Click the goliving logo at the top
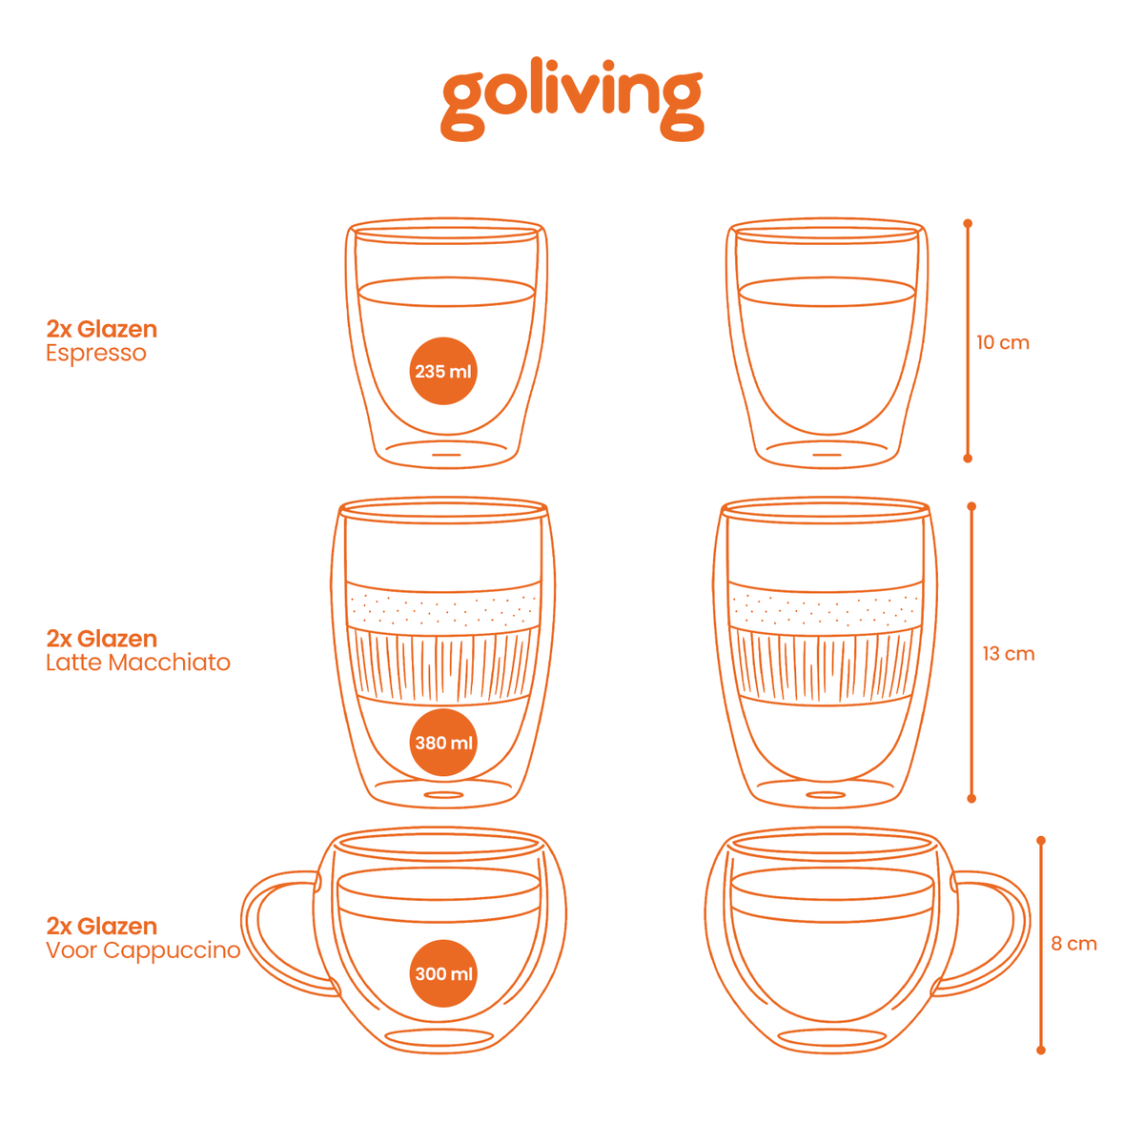pos(571,100)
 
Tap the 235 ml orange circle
pos(443,371)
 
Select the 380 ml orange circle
pos(443,742)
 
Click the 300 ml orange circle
pos(443,973)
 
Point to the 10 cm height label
pos(1003,342)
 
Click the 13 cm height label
pos(1008,654)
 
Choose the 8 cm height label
pos(1073,944)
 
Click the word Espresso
pos(96,354)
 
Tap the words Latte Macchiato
pos(138,663)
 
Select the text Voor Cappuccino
pos(143,950)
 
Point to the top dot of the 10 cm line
pos(968,223)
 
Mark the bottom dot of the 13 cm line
pos(971,799)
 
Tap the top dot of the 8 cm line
pos(1041,840)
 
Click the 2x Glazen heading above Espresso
pos(101,329)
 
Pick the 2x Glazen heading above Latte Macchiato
pos(101,639)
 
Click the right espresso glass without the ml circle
pos(827,344)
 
